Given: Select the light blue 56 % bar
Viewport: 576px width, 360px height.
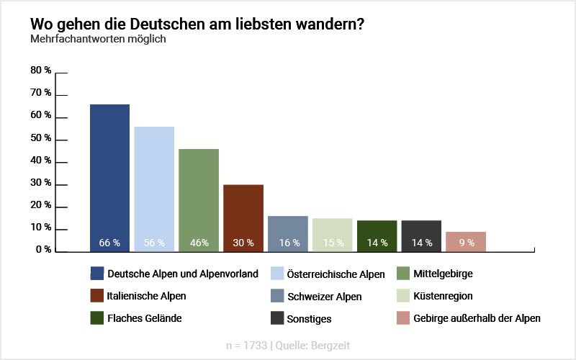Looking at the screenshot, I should coord(154,189).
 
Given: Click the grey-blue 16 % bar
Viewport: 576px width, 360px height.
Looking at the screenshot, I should coord(288,233).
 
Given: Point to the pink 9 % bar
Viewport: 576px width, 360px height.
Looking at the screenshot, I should coord(466,241).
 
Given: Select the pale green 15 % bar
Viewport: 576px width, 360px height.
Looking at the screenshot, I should coord(333,235).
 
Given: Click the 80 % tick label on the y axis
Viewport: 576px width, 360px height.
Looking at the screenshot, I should coord(41,71).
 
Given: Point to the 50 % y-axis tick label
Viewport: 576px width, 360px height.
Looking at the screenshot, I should coord(41,138).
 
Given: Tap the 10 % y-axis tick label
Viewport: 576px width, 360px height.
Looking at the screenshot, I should coord(41,228).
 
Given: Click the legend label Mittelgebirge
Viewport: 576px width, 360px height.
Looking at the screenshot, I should coord(443,274).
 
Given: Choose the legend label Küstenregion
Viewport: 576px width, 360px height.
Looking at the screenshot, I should coord(443,296).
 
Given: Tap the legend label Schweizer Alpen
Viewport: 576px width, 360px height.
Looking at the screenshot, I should coord(324,296).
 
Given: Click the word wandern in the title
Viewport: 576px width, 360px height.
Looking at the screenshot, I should coord(327,24).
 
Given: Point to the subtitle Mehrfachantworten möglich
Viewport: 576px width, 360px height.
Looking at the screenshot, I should coord(98,39).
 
